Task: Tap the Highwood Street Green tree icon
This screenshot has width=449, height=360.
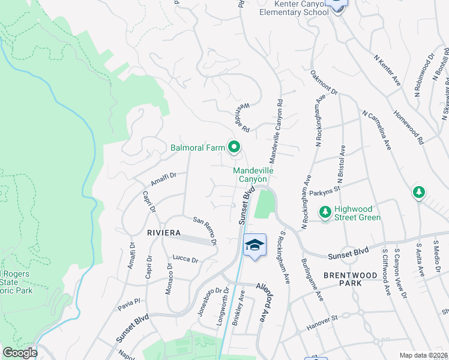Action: (x=325, y=211)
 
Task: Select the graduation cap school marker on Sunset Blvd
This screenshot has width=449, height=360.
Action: (x=255, y=245)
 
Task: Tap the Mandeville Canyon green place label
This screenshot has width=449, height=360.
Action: (x=253, y=175)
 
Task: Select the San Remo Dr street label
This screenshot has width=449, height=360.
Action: (x=204, y=230)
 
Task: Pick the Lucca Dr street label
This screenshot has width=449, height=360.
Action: (x=185, y=259)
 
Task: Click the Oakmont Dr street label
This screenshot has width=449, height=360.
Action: (x=324, y=83)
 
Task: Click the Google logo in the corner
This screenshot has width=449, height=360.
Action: (x=19, y=353)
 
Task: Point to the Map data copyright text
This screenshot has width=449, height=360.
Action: (x=424, y=355)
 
